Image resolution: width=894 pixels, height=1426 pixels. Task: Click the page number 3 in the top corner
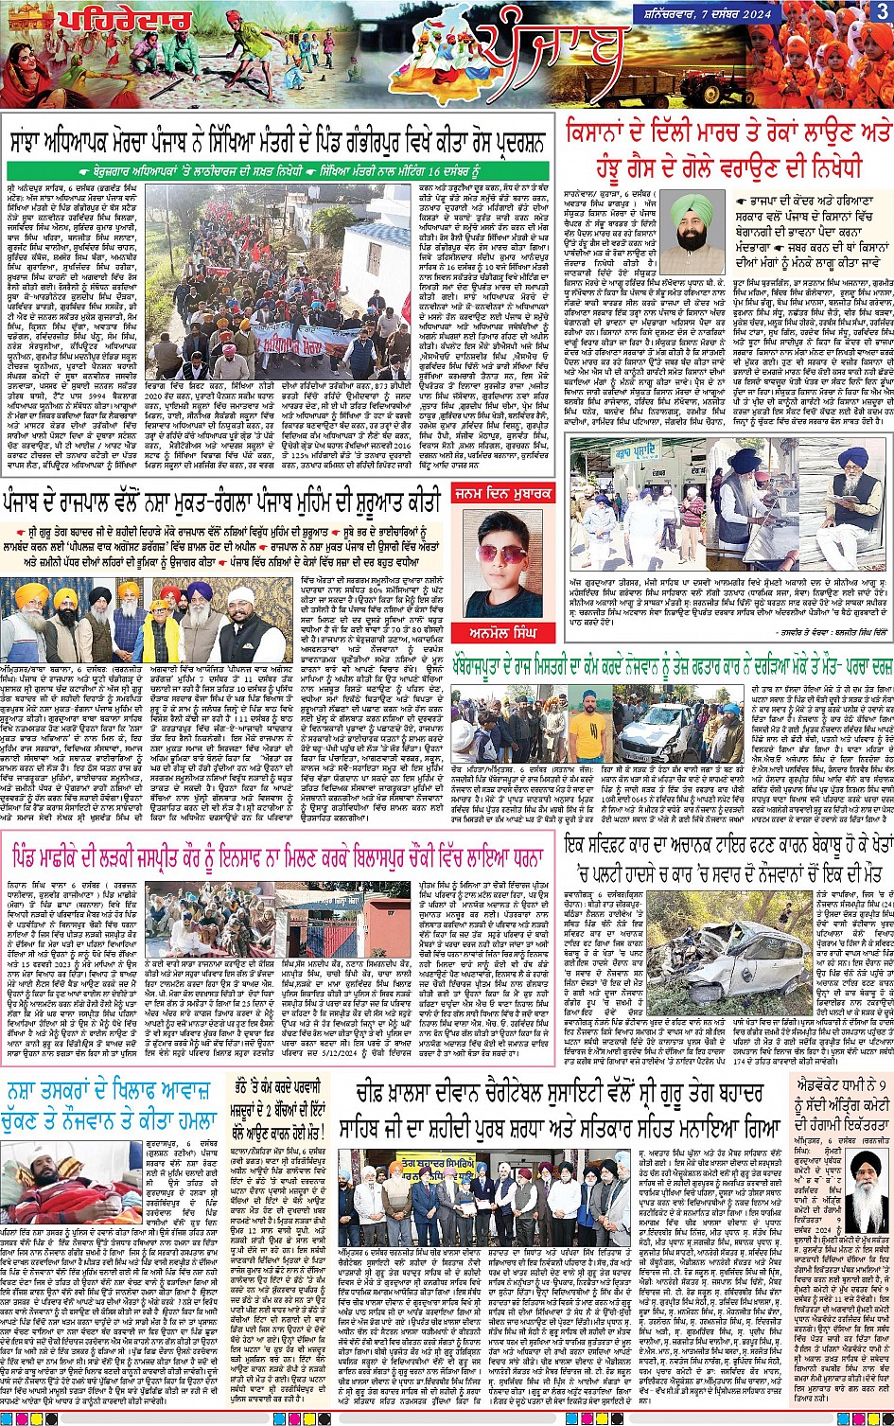(882, 11)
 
